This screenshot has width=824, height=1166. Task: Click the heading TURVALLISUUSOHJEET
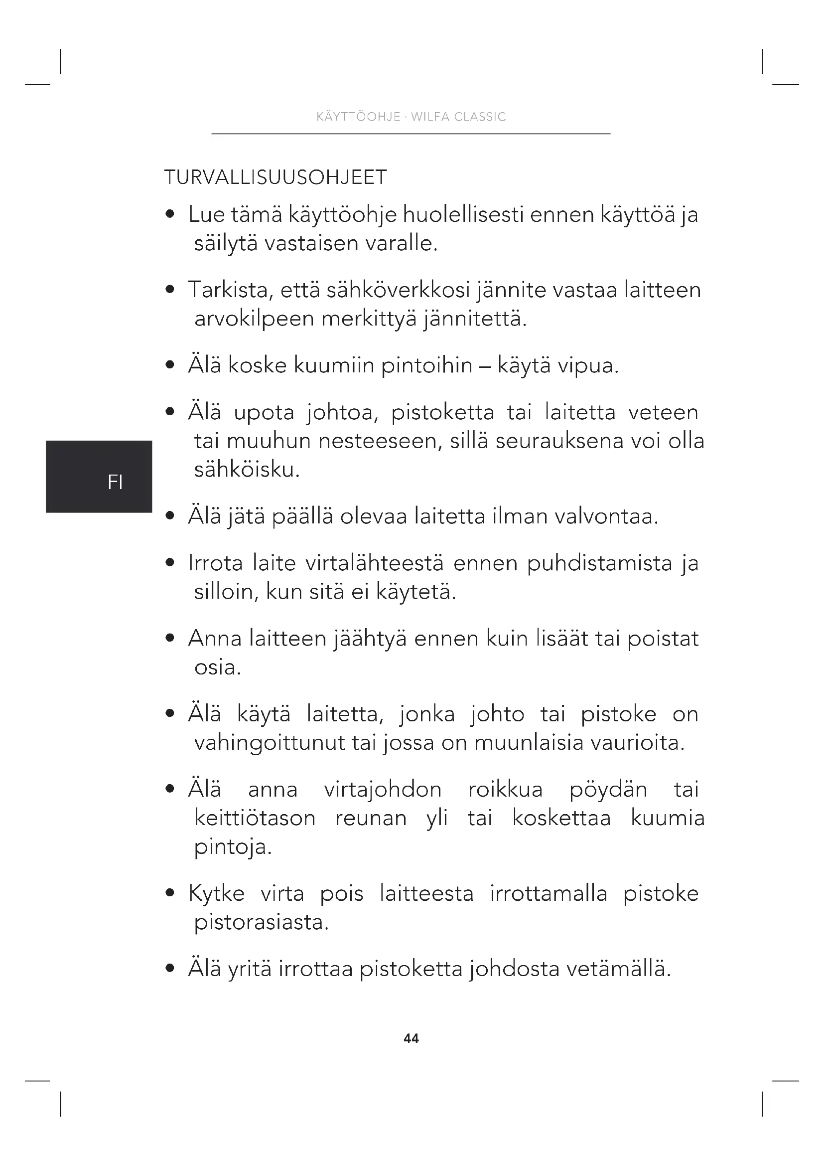tap(275, 177)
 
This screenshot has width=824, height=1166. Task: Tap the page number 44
tap(411, 1038)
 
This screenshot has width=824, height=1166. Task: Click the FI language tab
tap(115, 482)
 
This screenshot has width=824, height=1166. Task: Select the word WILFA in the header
tap(430, 117)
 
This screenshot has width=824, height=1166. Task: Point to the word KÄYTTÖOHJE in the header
tap(358, 117)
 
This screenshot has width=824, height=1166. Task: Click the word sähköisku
tap(247, 470)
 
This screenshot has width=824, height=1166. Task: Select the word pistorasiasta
tap(262, 922)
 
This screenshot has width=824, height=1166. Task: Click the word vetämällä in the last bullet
tap(619, 969)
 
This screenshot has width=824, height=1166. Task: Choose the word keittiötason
tap(255, 818)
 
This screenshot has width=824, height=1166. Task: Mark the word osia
tap(217, 667)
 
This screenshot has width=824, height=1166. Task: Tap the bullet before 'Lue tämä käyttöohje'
tap(170, 214)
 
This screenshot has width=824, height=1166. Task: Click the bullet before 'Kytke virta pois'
tap(170, 893)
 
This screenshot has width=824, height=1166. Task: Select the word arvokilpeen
tap(254, 319)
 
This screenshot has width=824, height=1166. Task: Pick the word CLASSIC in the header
tap(480, 117)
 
